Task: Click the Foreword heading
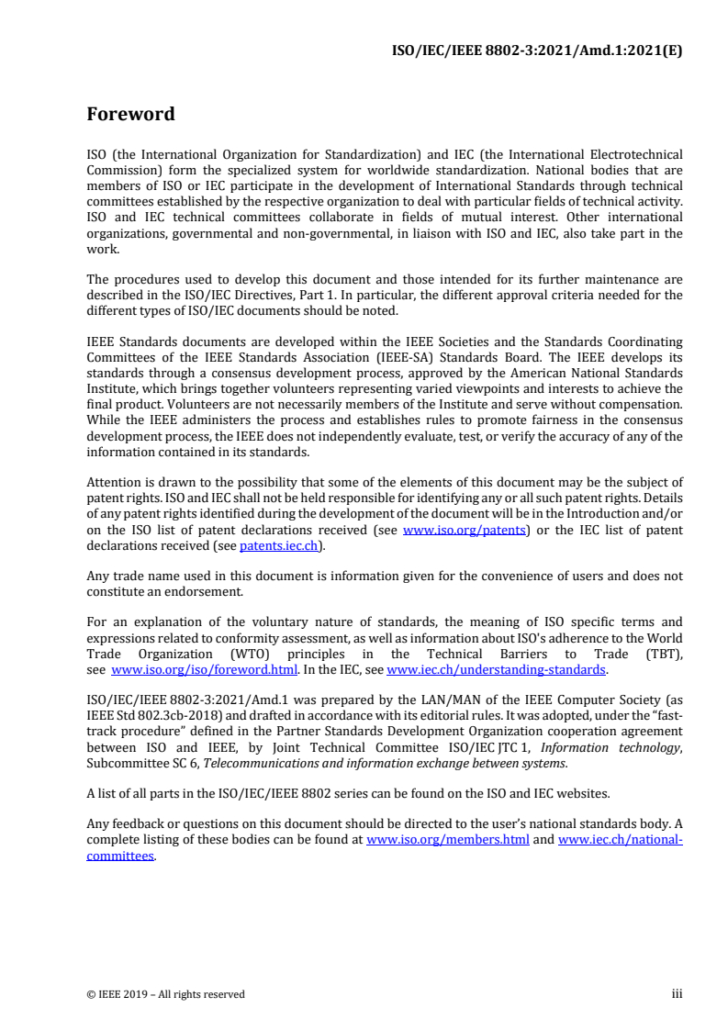coord(130,115)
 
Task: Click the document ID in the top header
coord(537,50)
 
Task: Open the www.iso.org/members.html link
coord(447,840)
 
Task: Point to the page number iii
coord(677,993)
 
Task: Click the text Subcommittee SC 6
coord(141,763)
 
